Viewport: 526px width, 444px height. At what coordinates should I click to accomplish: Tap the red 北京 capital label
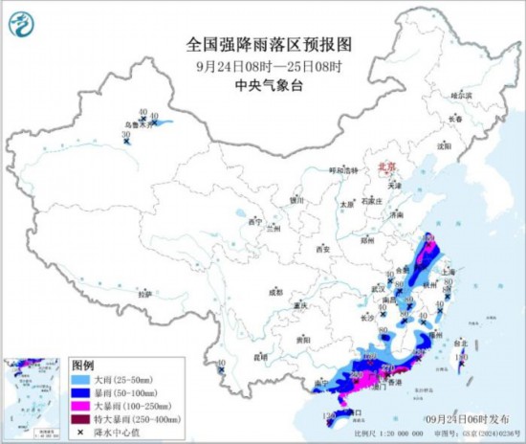(387, 165)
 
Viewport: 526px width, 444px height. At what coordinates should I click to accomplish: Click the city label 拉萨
(144, 294)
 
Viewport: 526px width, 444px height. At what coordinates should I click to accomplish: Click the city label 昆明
(259, 357)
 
